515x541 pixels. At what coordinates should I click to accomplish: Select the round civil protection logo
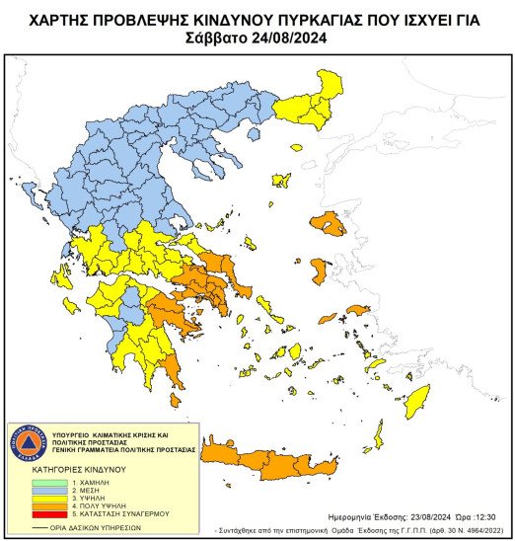(31, 441)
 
